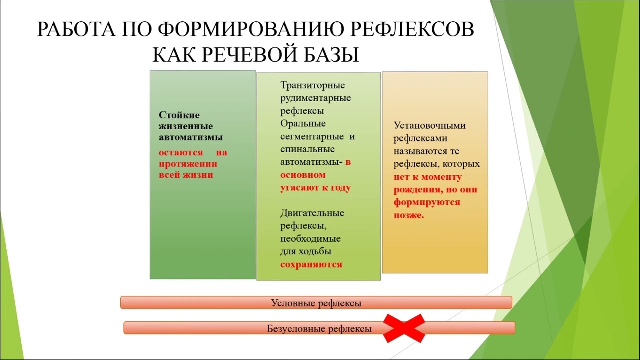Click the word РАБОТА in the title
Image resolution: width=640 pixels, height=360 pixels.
coord(76,29)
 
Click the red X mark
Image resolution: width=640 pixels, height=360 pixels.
coord(404,328)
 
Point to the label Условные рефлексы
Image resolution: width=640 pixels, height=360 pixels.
coord(316,303)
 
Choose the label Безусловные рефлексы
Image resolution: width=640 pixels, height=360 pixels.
coord(319,329)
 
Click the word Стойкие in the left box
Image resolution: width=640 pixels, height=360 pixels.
coord(179,115)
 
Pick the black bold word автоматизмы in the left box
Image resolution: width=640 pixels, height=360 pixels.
coord(191,137)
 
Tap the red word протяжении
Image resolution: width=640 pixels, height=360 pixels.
coord(188,164)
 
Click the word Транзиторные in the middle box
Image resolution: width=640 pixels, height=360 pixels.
coord(313,85)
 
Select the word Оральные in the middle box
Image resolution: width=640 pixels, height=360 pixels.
coord(303,124)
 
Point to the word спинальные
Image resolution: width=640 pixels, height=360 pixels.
coord(307,149)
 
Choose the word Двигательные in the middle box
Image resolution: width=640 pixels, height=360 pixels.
coord(312,213)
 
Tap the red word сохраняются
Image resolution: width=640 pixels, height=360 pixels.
coord(311,265)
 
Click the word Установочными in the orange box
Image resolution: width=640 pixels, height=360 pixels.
coord(430,125)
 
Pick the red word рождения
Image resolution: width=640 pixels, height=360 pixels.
coord(417,190)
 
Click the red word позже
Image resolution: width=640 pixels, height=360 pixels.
coord(409,215)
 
